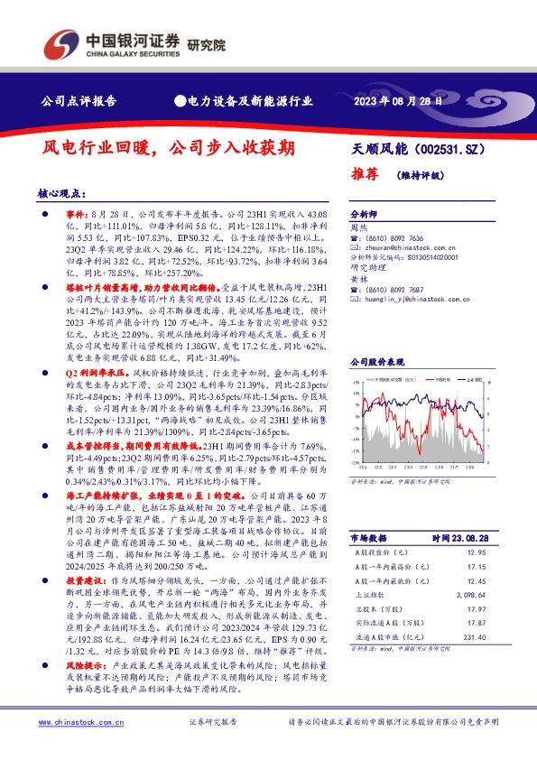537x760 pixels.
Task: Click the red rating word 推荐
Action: [363, 176]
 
